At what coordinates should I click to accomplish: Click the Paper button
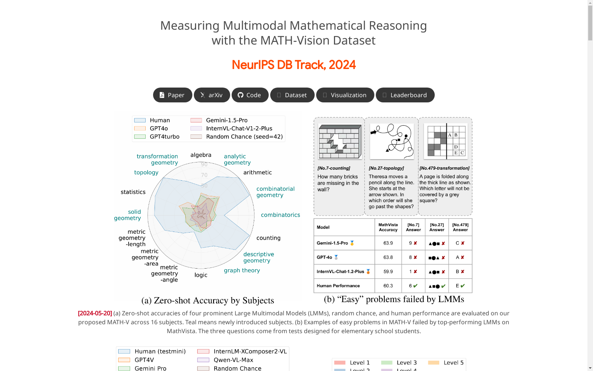point(172,95)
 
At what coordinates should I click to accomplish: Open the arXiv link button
point(212,95)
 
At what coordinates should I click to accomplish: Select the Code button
point(250,95)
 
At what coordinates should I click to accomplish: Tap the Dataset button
point(292,95)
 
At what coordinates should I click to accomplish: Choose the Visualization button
point(345,95)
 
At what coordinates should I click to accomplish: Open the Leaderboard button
point(405,95)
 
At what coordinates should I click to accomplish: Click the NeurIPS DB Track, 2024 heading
point(294,65)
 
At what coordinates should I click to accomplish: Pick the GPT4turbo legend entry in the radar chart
point(164,137)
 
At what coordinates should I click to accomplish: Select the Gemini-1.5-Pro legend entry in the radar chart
point(226,120)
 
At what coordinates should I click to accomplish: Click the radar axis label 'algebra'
point(201,155)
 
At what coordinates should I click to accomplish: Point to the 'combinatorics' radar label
point(280,215)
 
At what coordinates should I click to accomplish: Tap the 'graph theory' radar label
point(242,270)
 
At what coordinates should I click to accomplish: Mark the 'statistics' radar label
point(133,192)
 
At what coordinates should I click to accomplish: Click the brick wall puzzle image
point(340,141)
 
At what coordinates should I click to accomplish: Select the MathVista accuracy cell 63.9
point(388,243)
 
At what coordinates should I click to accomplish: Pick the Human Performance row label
point(338,286)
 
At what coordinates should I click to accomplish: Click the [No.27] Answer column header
point(437,227)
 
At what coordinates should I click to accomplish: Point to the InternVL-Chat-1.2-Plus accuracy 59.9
point(388,272)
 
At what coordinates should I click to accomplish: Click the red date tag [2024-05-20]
point(95,313)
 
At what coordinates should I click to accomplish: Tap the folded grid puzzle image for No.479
point(446,141)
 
